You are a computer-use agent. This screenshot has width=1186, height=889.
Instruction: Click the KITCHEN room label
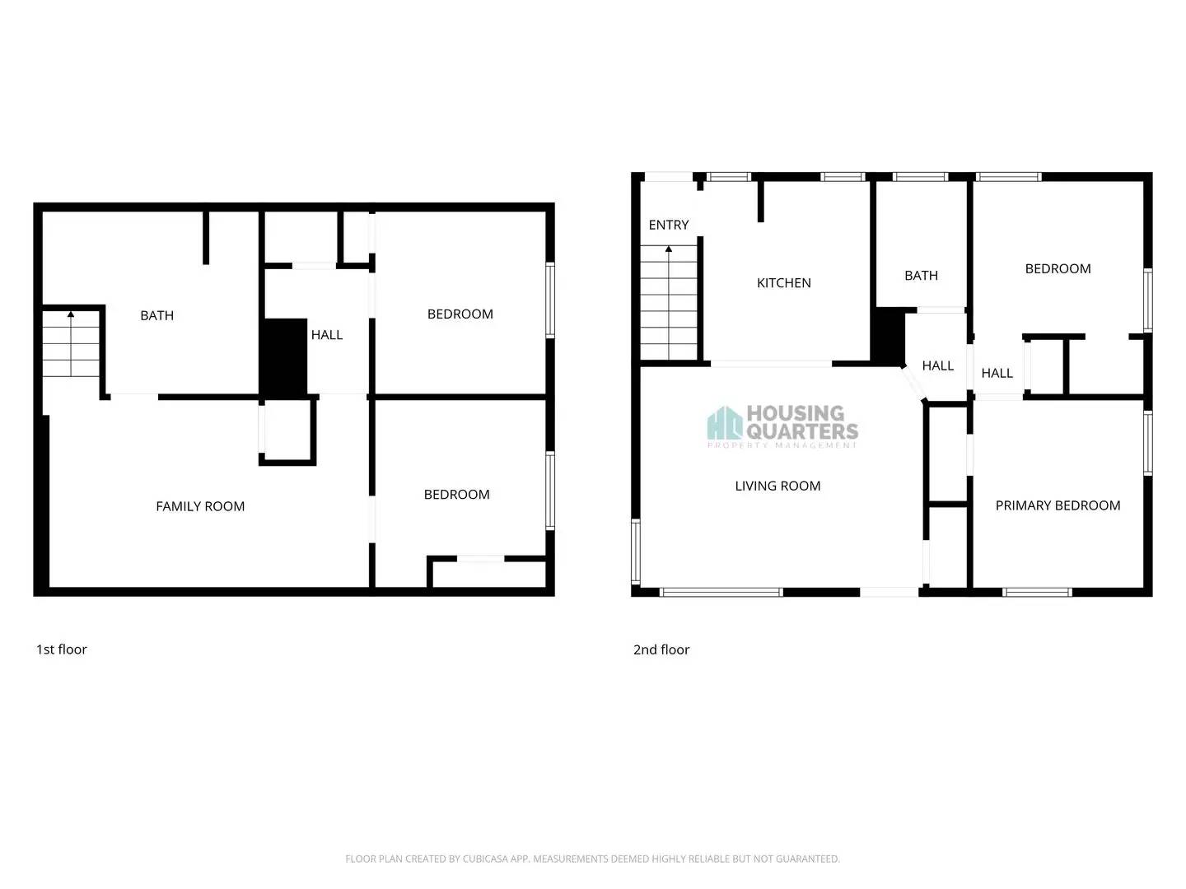(783, 283)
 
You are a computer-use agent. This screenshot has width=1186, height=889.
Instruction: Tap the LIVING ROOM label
(777, 486)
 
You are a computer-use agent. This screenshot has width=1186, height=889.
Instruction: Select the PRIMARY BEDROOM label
(1058, 505)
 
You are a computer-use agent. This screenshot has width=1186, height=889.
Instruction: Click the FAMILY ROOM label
(200, 506)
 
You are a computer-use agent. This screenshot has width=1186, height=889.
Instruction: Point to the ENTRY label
(668, 225)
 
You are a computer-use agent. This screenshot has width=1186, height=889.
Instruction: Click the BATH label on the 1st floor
(156, 315)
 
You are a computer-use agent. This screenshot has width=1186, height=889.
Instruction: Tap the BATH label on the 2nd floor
(921, 276)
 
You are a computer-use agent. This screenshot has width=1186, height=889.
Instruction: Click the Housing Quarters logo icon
(725, 424)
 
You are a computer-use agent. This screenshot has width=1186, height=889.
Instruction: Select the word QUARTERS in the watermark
(802, 431)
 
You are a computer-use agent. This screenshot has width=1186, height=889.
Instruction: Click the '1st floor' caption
(62, 649)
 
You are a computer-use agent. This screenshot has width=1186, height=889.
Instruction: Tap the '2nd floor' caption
(661, 649)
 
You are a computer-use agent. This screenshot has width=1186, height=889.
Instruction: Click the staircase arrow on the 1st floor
(71, 314)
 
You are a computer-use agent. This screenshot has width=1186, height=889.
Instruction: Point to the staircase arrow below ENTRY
(669, 249)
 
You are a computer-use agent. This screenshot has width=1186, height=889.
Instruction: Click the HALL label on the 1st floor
(326, 335)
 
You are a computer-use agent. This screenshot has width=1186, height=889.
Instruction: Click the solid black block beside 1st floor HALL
(283, 356)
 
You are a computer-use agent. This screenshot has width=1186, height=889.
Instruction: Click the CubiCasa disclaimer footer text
(592, 859)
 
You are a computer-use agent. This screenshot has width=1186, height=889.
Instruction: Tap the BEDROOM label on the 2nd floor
(1058, 269)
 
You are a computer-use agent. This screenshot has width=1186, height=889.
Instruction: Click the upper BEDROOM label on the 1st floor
(460, 314)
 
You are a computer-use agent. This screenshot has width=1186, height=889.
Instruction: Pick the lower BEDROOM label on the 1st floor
(456, 495)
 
